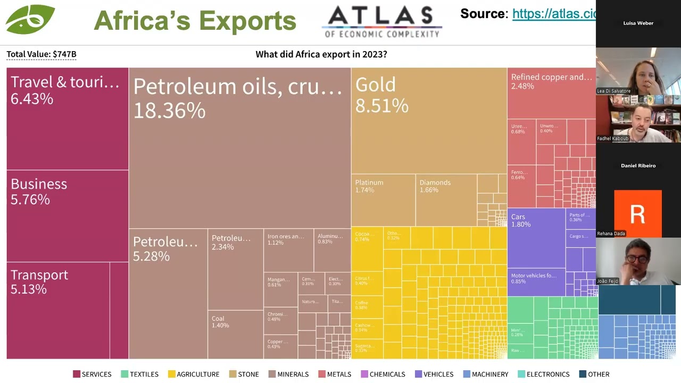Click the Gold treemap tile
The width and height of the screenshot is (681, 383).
[x=429, y=120]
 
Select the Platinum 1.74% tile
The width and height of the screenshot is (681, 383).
[x=383, y=199]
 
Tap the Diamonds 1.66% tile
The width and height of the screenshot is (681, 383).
[x=446, y=199]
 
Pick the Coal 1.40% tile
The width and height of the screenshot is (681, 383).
[x=235, y=334]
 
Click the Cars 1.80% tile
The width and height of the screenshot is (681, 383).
[x=536, y=237]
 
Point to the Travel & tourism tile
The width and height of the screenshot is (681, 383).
[x=68, y=118]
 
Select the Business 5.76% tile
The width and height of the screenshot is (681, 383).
[x=68, y=215]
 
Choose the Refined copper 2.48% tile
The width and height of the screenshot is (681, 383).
[x=551, y=93]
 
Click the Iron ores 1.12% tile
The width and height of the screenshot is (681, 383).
[x=288, y=250]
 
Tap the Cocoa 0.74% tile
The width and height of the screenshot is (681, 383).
[x=367, y=250]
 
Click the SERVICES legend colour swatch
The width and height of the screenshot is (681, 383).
[x=77, y=374]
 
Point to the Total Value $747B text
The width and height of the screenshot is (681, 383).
[x=41, y=54]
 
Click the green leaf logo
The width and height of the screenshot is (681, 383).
[x=30, y=19]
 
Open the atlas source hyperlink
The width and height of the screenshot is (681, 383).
[x=553, y=14]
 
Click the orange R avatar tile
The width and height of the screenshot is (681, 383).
[x=638, y=213]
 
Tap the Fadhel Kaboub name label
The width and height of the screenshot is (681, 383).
[x=613, y=139]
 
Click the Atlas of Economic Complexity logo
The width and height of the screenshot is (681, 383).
[x=382, y=22]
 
